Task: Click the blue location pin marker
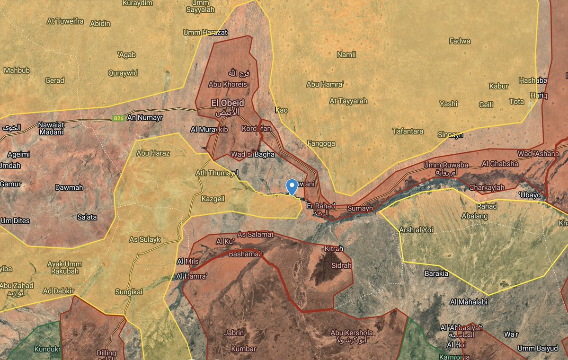tap(293, 186)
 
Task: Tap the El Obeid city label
tap(228, 103)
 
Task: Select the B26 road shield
tap(119, 118)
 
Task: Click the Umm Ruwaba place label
tap(438, 165)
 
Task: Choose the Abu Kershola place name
tap(352, 333)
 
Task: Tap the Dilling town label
tap(106, 353)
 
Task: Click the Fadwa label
tap(460, 41)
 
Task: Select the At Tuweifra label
tap(65, 21)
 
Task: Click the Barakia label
tap(436, 273)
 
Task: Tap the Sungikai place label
tap(129, 292)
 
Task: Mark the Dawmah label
tap(69, 187)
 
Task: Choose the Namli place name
tap(346, 55)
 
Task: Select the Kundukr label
tap(47, 350)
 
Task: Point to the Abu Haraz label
tap(153, 153)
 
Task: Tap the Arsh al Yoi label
tap(417, 230)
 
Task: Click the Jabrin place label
tap(234, 333)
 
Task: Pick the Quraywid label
tap(123, 73)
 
